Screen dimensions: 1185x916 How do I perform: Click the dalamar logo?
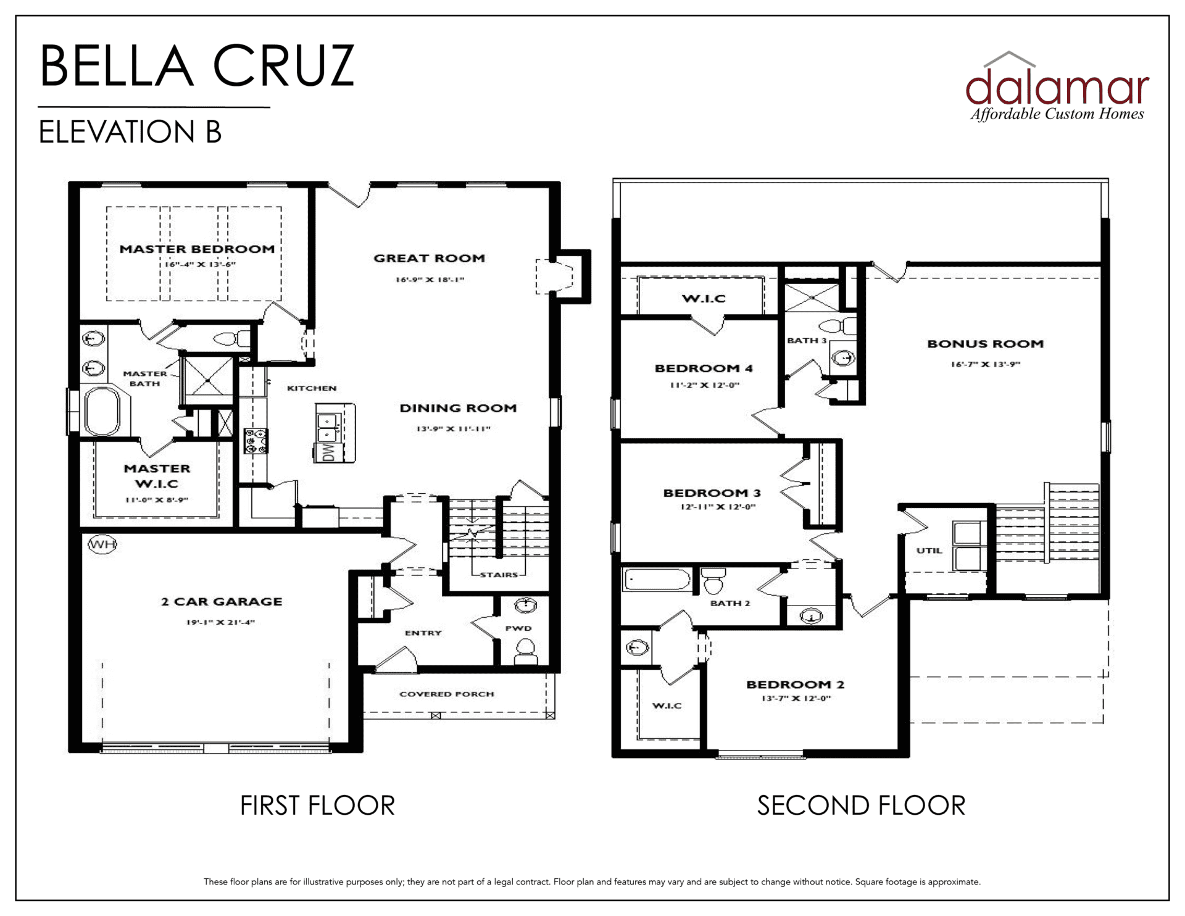point(1057,86)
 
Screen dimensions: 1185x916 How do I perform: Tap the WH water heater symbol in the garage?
point(102,544)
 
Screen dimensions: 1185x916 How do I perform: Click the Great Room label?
point(429,258)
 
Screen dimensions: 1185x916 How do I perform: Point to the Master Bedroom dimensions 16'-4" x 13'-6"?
point(200,264)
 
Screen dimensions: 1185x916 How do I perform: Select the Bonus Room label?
point(985,344)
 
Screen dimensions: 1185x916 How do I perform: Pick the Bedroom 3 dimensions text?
point(718,507)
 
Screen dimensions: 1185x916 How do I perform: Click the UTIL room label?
point(929,551)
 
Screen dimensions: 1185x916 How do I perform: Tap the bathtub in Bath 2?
point(657,580)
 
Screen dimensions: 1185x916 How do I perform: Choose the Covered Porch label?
point(447,694)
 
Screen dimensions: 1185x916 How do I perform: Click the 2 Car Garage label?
point(222,601)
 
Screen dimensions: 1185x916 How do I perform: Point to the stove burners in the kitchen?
point(256,441)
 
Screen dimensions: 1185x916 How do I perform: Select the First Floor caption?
point(317,806)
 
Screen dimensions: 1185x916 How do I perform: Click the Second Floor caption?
point(861,806)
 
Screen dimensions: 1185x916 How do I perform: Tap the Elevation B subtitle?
point(130,131)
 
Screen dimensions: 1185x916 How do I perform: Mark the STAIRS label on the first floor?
point(499,575)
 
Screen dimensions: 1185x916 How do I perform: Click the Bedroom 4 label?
point(704,368)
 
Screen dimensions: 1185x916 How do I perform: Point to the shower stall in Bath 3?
point(812,297)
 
